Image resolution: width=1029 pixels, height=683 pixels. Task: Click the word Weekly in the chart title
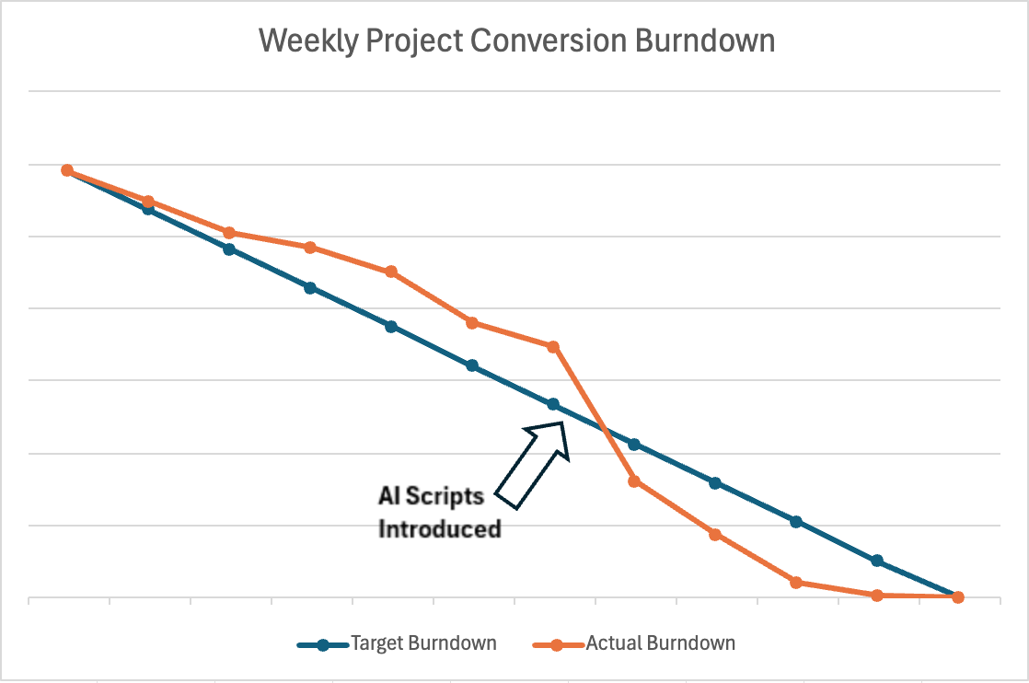click(308, 41)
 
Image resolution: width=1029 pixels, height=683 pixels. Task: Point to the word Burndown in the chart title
click(705, 40)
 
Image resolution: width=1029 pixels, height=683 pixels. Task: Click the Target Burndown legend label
click(423, 643)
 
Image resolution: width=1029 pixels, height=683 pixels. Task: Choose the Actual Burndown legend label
click(660, 643)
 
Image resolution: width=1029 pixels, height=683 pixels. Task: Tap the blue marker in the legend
click(323, 645)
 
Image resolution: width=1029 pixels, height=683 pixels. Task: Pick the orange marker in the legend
click(557, 645)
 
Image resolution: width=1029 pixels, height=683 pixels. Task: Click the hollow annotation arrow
click(532, 465)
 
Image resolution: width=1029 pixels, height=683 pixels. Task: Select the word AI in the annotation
click(389, 496)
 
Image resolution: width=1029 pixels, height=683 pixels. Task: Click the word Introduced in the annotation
click(440, 528)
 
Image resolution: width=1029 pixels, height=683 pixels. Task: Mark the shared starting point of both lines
click(67, 170)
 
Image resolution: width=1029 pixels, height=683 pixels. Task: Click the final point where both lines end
click(958, 597)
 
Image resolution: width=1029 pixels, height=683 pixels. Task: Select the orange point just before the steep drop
click(553, 346)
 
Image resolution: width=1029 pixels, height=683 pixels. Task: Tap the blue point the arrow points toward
click(553, 404)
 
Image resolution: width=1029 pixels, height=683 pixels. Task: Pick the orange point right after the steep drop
click(634, 481)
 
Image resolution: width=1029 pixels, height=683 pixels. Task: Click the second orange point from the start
click(148, 202)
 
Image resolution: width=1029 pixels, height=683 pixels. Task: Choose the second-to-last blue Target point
click(877, 561)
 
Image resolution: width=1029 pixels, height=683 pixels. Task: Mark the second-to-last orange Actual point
click(877, 595)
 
